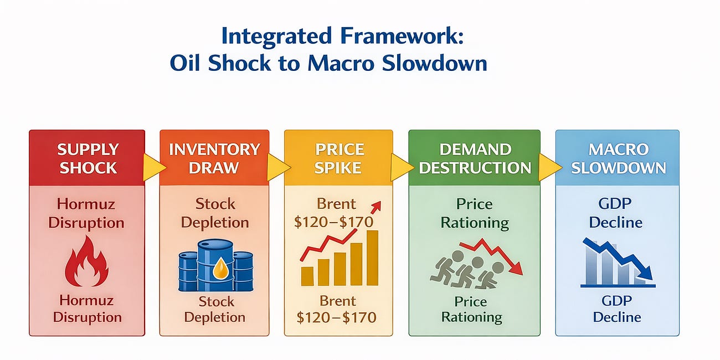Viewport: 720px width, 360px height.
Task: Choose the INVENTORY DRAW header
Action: click(214, 158)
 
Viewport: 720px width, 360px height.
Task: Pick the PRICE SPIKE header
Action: click(338, 158)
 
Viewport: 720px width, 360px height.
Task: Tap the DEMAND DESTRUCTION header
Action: click(475, 158)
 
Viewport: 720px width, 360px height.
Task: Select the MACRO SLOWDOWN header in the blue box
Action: click(618, 158)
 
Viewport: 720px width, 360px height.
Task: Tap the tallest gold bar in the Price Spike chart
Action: click(372, 258)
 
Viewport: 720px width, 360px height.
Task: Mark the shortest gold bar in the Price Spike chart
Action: click(307, 276)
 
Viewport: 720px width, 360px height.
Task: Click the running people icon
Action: click(466, 270)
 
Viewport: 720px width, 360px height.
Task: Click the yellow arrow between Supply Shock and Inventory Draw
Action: click(152, 168)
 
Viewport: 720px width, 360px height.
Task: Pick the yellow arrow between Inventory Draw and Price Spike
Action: click(277, 168)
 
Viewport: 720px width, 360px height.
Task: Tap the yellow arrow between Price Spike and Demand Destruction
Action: click(400, 168)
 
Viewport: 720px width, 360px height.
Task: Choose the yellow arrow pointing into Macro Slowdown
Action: click(547, 168)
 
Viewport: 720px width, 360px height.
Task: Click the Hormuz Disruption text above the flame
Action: click(86, 213)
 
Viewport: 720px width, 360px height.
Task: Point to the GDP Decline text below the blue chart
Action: click(616, 309)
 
